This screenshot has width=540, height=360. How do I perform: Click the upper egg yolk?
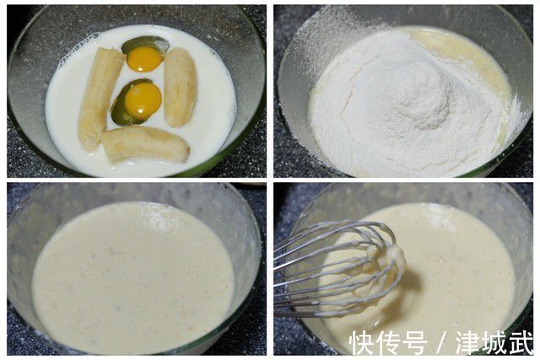click(145, 58)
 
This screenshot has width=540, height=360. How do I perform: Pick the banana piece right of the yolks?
click(181, 87)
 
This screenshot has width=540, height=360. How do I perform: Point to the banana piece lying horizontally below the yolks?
click(145, 143)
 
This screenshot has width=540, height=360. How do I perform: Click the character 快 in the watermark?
click(364, 342)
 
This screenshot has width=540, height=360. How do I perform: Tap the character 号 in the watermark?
click(416, 342)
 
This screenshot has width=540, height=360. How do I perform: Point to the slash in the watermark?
click(442, 342)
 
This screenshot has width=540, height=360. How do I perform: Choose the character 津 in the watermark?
click(468, 342)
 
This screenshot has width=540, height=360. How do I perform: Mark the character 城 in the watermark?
click(494, 342)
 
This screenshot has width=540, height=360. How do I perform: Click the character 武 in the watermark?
click(521, 342)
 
